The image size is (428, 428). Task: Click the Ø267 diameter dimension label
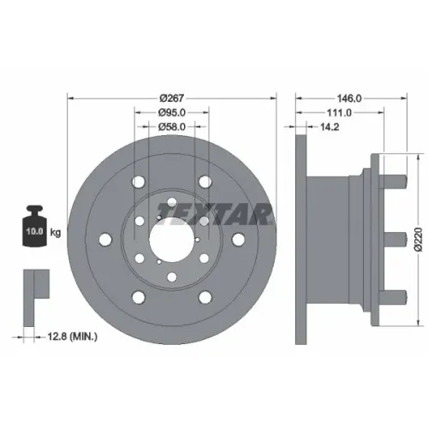pyautogui.click(x=172, y=98)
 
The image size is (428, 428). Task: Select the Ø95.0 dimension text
pyautogui.click(x=172, y=113)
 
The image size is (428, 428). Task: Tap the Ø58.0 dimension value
pyautogui.click(x=172, y=127)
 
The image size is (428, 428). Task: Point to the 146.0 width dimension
pyautogui.click(x=349, y=98)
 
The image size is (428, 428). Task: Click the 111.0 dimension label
pyautogui.click(x=339, y=113)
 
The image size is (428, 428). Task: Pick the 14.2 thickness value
pyautogui.click(x=330, y=127)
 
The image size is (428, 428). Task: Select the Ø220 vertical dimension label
pyautogui.click(x=418, y=240)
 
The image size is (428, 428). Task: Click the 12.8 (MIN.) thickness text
pyautogui.click(x=72, y=336)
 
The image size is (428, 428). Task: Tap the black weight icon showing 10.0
pyautogui.click(x=34, y=226)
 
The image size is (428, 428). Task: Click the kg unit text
pyautogui.click(x=56, y=233)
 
